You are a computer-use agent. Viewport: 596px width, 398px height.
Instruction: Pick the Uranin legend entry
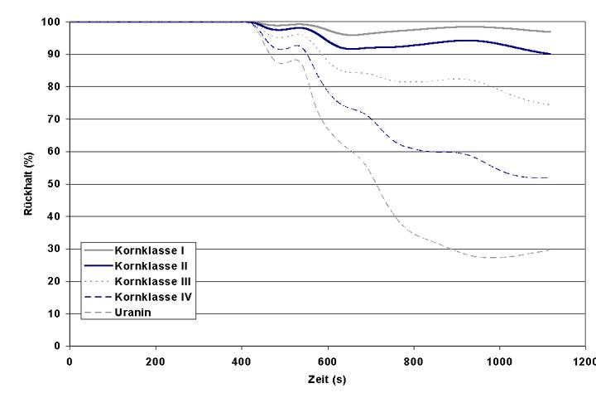point(132,313)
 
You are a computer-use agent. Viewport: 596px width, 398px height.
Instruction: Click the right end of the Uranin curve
point(550,249)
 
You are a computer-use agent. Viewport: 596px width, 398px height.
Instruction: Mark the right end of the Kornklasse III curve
point(550,105)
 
